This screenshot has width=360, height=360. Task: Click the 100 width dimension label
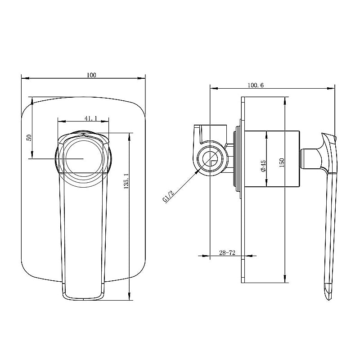[92, 75]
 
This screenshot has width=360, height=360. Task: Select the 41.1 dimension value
[90, 118]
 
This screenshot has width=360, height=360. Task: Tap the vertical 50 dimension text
[29, 137]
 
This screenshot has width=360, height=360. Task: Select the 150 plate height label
[281, 162]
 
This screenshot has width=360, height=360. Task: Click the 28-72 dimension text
[228, 253]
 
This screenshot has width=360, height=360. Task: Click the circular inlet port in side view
[210, 159]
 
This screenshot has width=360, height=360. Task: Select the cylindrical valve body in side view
[273, 158]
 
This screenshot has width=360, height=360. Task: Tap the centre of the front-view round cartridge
[83, 159]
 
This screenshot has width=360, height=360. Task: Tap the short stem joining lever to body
[309, 158]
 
